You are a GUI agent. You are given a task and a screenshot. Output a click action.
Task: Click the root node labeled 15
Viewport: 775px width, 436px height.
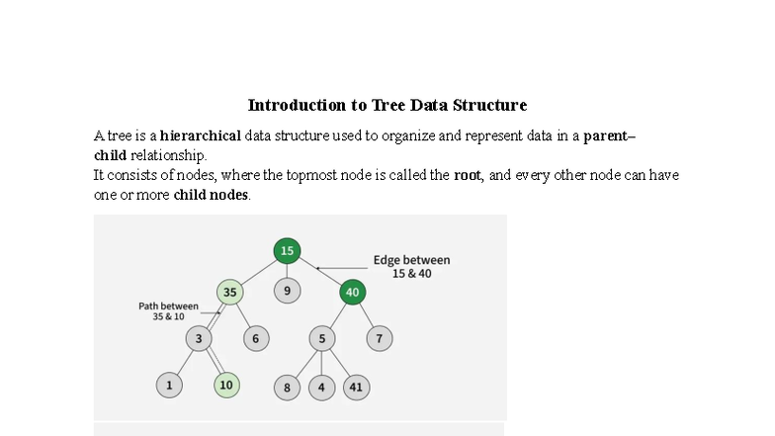(x=287, y=251)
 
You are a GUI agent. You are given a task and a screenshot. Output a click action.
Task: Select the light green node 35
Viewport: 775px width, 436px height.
(x=229, y=293)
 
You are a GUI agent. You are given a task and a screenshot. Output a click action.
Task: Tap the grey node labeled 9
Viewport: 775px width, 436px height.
(x=287, y=292)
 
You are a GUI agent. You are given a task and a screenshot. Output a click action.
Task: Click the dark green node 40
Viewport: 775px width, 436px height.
(x=353, y=293)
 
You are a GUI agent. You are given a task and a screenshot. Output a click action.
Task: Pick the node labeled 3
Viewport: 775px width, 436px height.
(x=198, y=339)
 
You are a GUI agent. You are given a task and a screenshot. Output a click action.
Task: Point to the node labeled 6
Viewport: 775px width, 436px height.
(x=255, y=339)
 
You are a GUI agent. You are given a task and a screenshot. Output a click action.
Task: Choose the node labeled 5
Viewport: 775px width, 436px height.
(x=321, y=339)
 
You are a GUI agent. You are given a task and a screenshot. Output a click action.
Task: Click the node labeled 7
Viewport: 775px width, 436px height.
(x=379, y=339)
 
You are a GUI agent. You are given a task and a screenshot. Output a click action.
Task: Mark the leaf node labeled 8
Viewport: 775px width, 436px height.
(x=287, y=388)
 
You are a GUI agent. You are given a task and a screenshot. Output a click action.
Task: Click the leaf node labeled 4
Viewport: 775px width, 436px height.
(x=321, y=388)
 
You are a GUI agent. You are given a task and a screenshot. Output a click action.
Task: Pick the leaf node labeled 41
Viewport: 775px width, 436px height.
(x=356, y=388)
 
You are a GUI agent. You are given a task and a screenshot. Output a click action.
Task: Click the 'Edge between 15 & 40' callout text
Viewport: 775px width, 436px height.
(x=411, y=267)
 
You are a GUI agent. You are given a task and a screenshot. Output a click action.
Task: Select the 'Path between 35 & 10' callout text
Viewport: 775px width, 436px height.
(x=168, y=311)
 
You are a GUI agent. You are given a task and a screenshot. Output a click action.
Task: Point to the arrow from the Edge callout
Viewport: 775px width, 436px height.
(x=340, y=268)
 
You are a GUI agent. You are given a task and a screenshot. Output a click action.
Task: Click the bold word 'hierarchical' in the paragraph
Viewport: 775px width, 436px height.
(x=200, y=135)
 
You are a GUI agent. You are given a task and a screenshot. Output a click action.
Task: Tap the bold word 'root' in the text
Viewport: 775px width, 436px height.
(x=467, y=175)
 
